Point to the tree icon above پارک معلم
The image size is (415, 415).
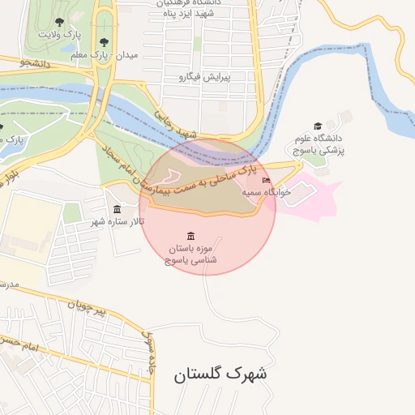(x=103, y=41)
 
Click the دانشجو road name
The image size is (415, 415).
(x=35, y=62)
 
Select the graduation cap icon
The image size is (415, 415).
(x=318, y=126)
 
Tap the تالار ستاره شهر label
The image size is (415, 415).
(x=118, y=221)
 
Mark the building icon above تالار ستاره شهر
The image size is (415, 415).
(x=118, y=209)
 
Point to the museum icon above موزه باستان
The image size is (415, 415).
(x=190, y=235)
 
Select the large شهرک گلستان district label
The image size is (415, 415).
(x=220, y=374)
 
